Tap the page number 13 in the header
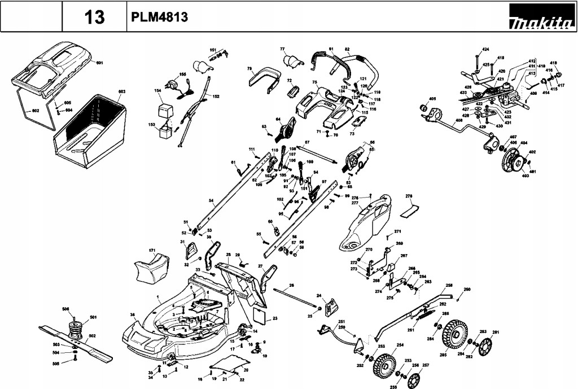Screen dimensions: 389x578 [x=94, y=18]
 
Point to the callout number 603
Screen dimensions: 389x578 [x=121, y=91]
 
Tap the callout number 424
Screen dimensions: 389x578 [x=485, y=50]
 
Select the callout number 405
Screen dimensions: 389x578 [x=433, y=99]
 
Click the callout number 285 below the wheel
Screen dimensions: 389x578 [x=443, y=355]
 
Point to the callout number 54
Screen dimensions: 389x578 [x=211, y=200]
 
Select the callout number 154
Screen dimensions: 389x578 [x=157, y=90]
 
